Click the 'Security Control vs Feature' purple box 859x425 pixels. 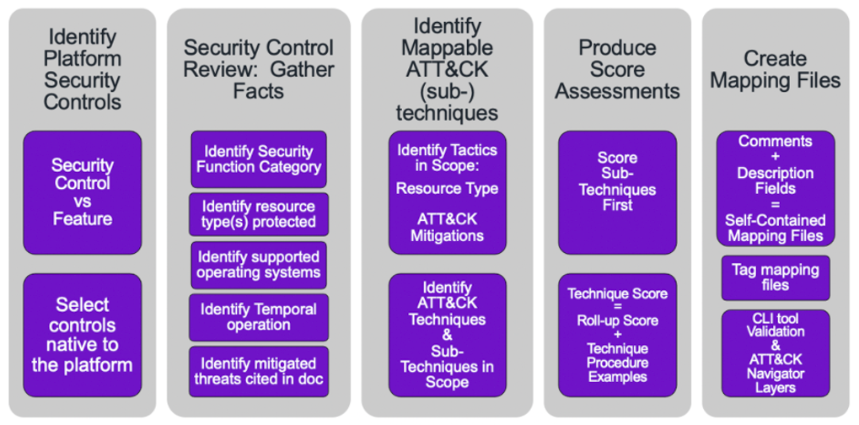(82, 192)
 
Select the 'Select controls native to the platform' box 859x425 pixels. (82, 335)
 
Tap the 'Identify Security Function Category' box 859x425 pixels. (259, 159)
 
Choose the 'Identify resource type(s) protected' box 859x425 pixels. (259, 214)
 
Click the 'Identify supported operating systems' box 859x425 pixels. (259, 265)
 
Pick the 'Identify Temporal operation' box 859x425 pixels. (259, 317)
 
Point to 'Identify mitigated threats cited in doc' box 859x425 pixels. (259, 371)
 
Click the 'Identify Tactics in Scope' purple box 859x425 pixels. (448, 192)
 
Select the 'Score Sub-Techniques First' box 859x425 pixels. (617, 192)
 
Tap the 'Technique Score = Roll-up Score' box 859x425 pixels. (617, 335)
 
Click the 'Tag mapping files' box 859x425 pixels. (776, 277)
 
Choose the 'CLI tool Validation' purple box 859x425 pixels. (776, 353)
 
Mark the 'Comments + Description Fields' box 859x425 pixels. (776, 188)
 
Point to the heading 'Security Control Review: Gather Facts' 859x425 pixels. (259, 69)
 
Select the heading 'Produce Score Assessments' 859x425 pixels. (617, 69)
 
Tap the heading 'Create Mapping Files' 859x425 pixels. (776, 69)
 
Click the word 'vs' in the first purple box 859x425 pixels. (82, 201)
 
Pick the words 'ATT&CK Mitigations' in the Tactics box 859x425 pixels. (447, 228)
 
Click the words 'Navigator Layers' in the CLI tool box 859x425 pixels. (776, 381)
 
